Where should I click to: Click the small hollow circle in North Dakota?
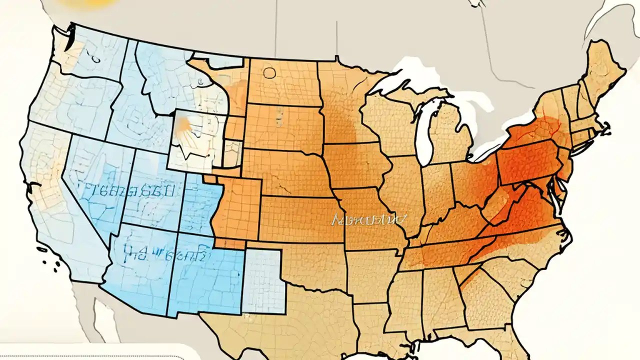(269, 73)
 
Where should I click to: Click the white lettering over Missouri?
(369, 219)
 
